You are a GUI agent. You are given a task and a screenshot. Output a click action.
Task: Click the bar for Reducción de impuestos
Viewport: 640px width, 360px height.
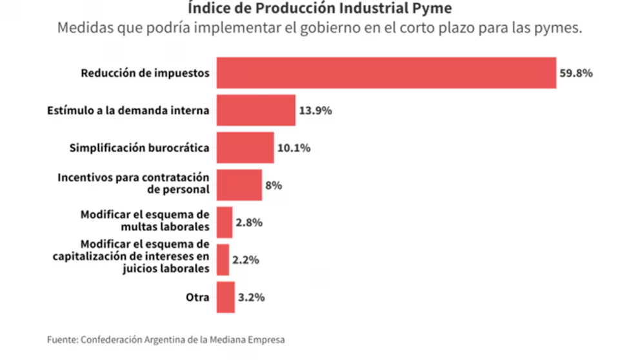point(386,73)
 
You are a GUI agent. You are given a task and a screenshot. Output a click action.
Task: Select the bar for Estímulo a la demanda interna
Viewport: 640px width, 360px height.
point(255,110)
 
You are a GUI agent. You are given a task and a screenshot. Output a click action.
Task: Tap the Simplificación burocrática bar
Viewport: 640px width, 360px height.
point(245,148)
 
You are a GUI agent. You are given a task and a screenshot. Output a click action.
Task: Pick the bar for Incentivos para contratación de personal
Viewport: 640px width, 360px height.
point(239,185)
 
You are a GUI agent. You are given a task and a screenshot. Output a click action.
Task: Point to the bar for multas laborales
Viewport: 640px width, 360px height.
point(225,222)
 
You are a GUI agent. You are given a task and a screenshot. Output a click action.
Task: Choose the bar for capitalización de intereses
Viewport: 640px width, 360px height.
point(223,260)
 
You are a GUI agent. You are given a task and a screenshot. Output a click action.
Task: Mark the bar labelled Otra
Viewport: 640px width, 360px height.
point(225,297)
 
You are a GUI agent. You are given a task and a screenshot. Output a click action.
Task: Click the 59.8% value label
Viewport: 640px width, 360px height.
point(575,73)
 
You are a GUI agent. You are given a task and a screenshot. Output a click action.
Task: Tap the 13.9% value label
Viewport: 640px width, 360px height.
point(315,110)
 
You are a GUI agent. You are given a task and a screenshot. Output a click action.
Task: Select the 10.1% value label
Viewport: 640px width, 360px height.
point(294,148)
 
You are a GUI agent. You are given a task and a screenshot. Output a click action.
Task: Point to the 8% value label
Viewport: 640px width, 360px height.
point(274,185)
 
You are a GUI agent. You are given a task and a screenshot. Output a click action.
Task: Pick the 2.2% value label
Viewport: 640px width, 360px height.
point(246,260)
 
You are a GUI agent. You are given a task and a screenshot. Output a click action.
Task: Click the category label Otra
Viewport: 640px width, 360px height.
point(197,297)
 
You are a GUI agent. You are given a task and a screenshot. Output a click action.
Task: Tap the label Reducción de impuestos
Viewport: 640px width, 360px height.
point(145,73)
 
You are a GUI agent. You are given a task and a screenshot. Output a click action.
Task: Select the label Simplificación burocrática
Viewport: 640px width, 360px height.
point(139,148)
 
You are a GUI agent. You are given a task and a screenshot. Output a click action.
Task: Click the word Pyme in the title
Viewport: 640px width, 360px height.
point(437,9)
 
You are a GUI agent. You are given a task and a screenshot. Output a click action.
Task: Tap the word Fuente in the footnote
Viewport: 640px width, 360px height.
point(61,339)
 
